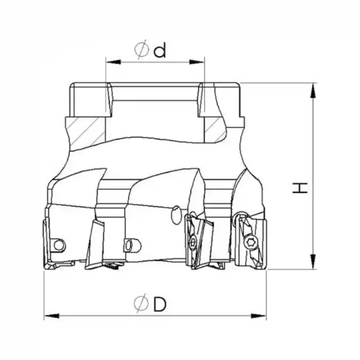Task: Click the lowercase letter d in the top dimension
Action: click(160, 50)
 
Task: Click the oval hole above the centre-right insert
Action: click(176, 211)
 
